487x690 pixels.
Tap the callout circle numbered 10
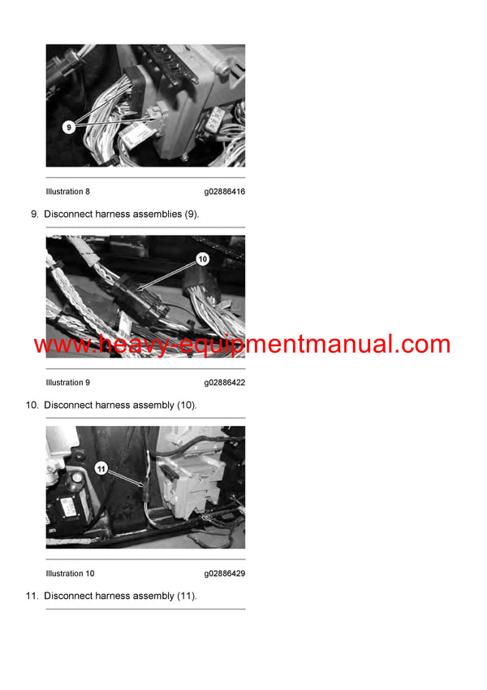(x=203, y=258)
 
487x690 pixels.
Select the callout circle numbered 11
(x=101, y=467)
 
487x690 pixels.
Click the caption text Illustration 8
(x=68, y=192)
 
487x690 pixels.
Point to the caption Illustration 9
(x=68, y=383)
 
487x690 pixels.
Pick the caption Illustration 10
(x=70, y=574)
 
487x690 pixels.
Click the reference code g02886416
(x=224, y=192)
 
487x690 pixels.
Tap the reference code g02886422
(x=224, y=383)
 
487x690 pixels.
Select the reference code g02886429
(x=224, y=574)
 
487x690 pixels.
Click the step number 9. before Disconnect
(x=34, y=215)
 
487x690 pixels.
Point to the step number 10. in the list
(x=32, y=405)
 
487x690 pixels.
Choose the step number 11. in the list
(x=32, y=596)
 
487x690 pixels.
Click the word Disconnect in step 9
(x=68, y=215)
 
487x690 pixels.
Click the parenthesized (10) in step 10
(x=187, y=405)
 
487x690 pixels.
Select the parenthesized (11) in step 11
(x=187, y=596)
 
